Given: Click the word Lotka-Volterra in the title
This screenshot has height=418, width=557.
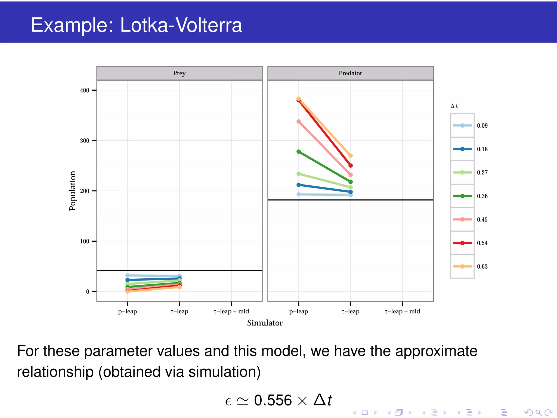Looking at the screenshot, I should click(181, 25).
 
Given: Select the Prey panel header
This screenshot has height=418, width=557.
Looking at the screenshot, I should click(179, 73).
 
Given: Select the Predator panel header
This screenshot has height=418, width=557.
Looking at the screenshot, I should click(350, 73).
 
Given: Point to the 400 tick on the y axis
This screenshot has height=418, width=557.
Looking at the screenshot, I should click(85, 90).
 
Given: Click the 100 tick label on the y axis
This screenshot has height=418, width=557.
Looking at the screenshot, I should click(85, 241).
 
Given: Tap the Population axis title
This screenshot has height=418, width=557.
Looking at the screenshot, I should click(72, 191).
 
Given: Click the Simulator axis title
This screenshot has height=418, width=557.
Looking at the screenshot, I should click(265, 323).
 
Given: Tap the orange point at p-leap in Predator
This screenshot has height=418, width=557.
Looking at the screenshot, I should click(299, 99).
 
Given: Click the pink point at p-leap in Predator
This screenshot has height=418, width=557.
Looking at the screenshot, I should click(299, 121).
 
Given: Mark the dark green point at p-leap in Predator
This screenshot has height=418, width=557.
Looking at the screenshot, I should click(299, 152).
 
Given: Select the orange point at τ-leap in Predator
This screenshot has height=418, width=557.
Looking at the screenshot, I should click(351, 156).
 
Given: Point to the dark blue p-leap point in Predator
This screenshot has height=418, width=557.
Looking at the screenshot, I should click(299, 185).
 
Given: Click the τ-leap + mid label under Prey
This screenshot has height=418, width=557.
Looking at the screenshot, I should click(231, 311).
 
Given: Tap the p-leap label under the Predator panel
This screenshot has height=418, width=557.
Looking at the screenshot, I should click(298, 311).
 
